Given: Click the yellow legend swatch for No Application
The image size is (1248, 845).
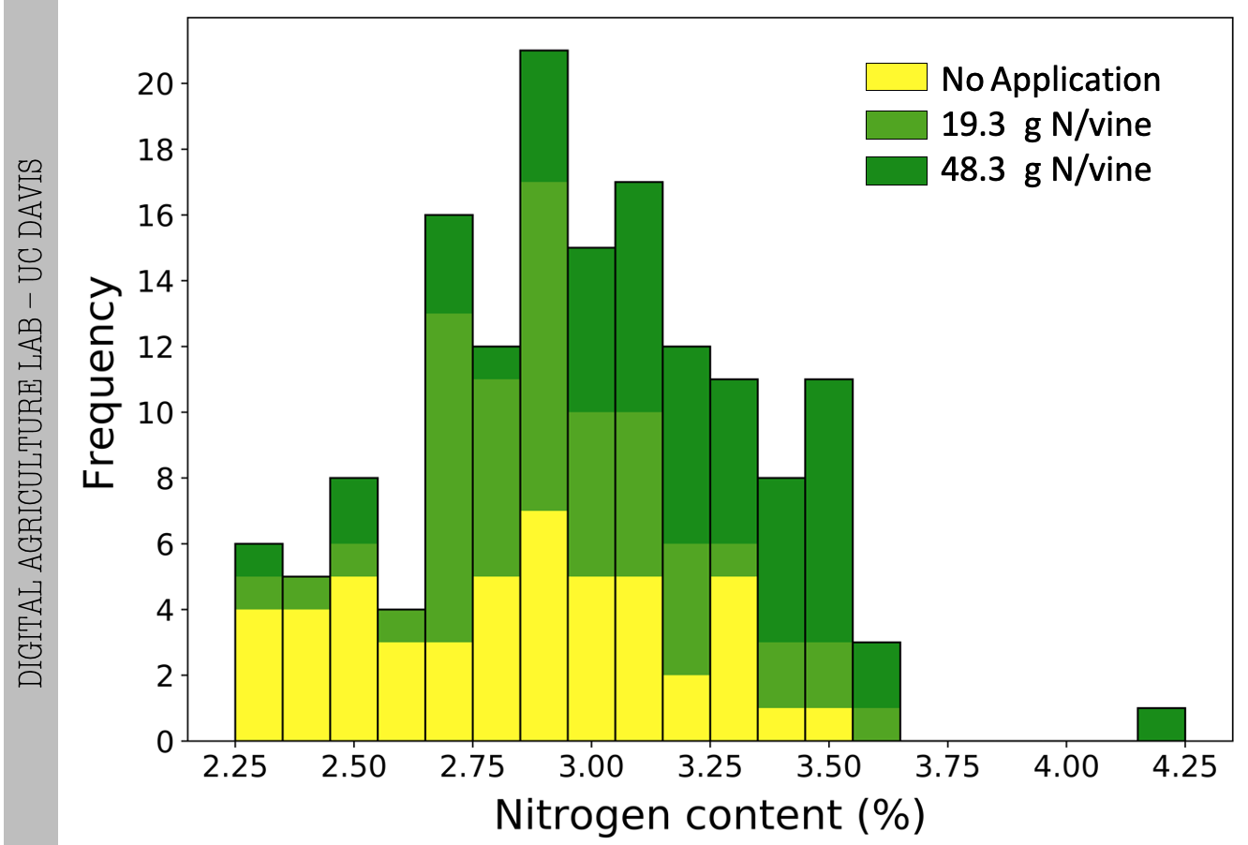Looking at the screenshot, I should click(x=896, y=78).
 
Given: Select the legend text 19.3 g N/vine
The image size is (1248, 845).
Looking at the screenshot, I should click(x=1046, y=124).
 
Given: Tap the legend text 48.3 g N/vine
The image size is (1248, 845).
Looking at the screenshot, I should click(x=1046, y=170).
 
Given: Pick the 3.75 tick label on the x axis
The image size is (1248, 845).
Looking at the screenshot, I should click(x=947, y=767).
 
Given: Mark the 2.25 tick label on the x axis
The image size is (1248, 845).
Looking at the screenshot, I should click(x=234, y=767).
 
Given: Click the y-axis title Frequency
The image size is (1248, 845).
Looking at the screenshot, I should click(x=100, y=381).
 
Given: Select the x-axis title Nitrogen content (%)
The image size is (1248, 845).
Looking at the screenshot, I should click(x=709, y=815).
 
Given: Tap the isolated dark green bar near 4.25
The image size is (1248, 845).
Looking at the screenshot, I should click(x=1161, y=724).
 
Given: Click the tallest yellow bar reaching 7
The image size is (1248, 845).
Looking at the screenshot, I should click(x=543, y=626).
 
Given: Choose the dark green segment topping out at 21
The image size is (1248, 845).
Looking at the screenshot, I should click(x=543, y=116).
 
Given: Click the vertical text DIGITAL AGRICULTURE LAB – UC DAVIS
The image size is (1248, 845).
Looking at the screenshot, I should click(x=31, y=422).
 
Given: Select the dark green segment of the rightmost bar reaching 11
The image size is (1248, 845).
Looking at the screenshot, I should click(x=828, y=511).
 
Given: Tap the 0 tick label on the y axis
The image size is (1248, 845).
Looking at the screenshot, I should click(x=165, y=742).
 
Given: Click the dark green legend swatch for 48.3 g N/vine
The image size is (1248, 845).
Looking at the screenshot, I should click(x=896, y=170).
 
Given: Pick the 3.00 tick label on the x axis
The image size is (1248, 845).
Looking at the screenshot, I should click(x=591, y=767).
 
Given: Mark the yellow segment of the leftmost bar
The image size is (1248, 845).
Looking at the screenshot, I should click(x=259, y=675).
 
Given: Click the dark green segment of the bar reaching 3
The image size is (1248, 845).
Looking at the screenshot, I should click(x=876, y=675).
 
